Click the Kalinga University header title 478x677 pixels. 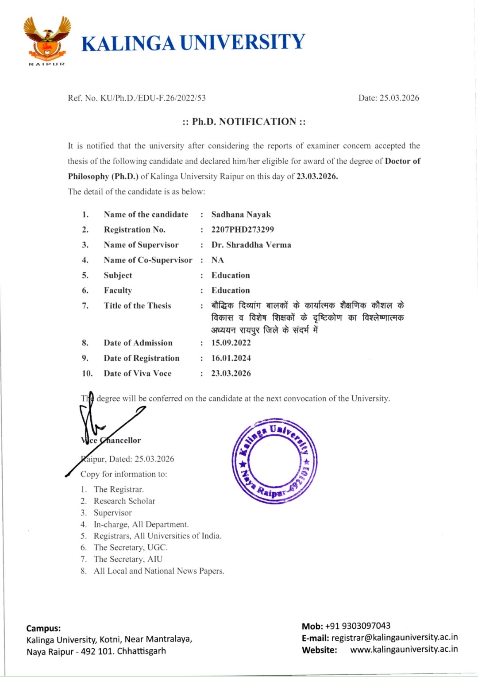pyautogui.click(x=193, y=43)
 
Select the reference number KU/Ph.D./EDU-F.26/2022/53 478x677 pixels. pyautogui.click(x=153, y=98)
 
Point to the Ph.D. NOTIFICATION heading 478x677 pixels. pyautogui.click(x=244, y=122)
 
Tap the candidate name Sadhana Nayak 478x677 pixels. pyautogui.click(x=241, y=215)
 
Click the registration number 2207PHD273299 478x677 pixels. pyautogui.click(x=243, y=230)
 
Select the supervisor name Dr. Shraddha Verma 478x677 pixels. pyautogui.click(x=251, y=245)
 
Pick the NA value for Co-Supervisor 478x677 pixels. pyautogui.click(x=217, y=260)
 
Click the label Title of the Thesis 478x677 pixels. pyautogui.click(x=137, y=306)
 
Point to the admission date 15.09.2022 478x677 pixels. pyautogui.click(x=231, y=343)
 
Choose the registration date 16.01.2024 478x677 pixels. pyautogui.click(x=231, y=358)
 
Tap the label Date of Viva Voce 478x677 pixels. pyautogui.click(x=137, y=373)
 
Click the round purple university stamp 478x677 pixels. pyautogui.click(x=274, y=460)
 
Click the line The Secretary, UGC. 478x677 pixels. pyautogui.click(x=131, y=547)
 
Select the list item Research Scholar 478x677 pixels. pyautogui.click(x=124, y=501)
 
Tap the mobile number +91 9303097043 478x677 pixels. pyautogui.click(x=358, y=626)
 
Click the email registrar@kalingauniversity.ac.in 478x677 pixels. pyautogui.click(x=394, y=638)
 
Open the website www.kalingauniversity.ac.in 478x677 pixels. pyautogui.click(x=404, y=650)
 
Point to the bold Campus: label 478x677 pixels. pyautogui.click(x=43, y=628)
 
